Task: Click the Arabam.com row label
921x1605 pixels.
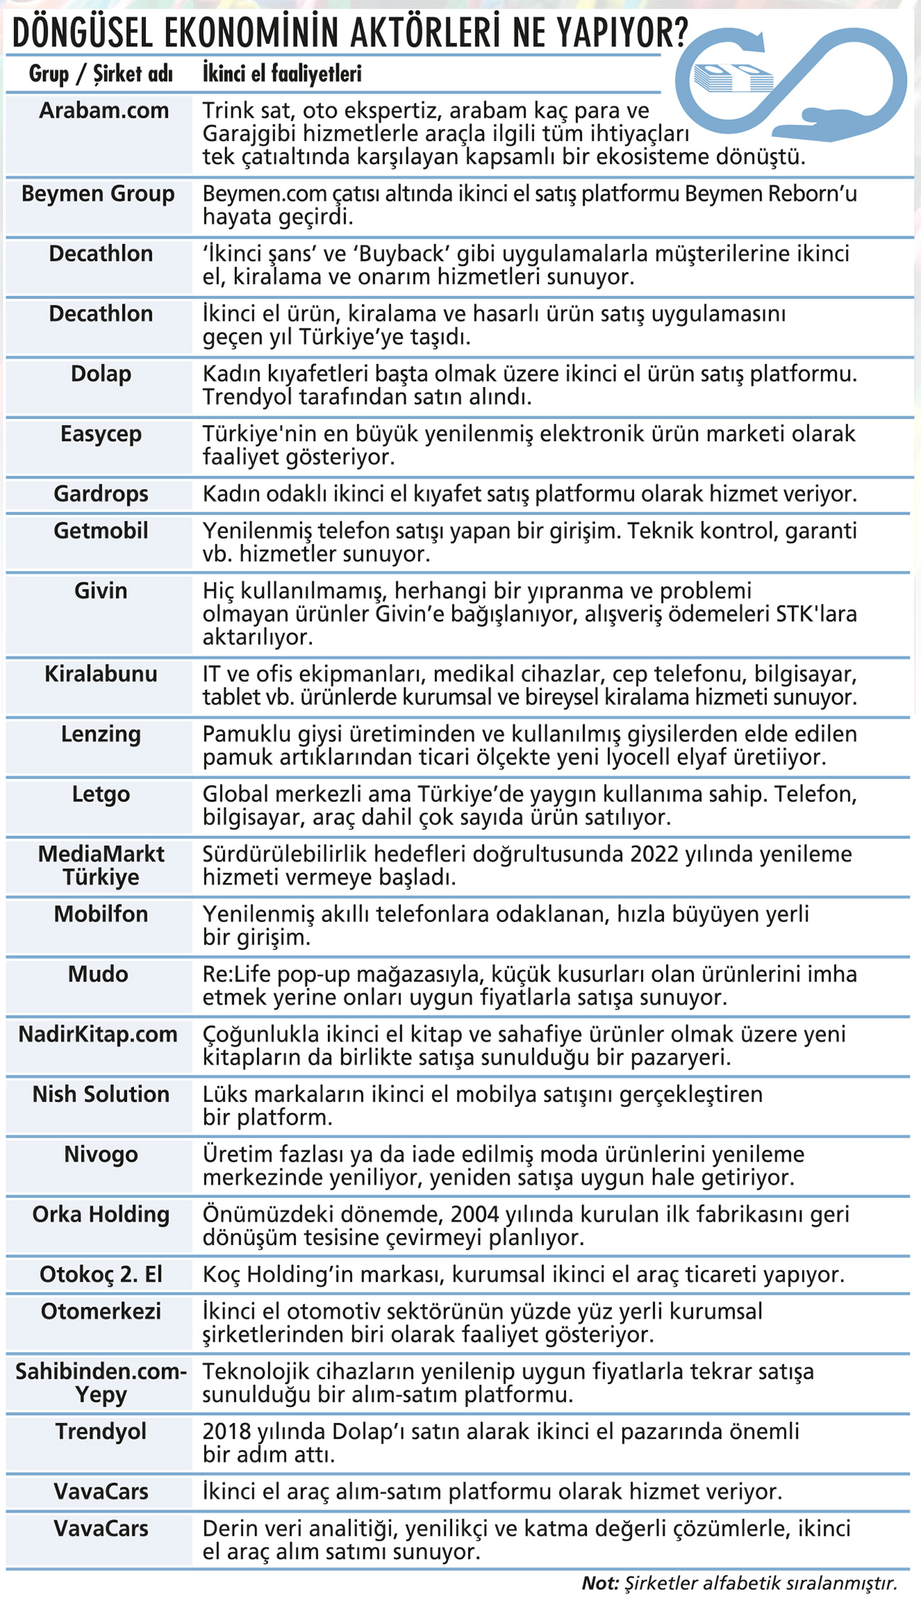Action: pos(103,111)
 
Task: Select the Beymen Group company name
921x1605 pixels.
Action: pos(98,194)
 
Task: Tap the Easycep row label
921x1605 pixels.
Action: pos(101,434)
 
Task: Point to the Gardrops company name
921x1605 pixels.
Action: pos(101,494)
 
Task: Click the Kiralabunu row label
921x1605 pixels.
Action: pos(101,674)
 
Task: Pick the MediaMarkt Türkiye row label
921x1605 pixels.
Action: pos(101,866)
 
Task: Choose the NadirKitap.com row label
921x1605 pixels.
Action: pos(98,1035)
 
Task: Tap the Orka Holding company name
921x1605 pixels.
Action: pos(101,1215)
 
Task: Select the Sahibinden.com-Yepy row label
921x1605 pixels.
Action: pos(101,1383)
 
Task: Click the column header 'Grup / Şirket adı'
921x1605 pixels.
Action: pos(101,74)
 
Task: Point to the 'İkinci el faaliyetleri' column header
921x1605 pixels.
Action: pos(282,74)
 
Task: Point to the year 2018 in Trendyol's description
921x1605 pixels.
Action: pos(227,1431)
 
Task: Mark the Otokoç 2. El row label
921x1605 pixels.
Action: pos(101,1275)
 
